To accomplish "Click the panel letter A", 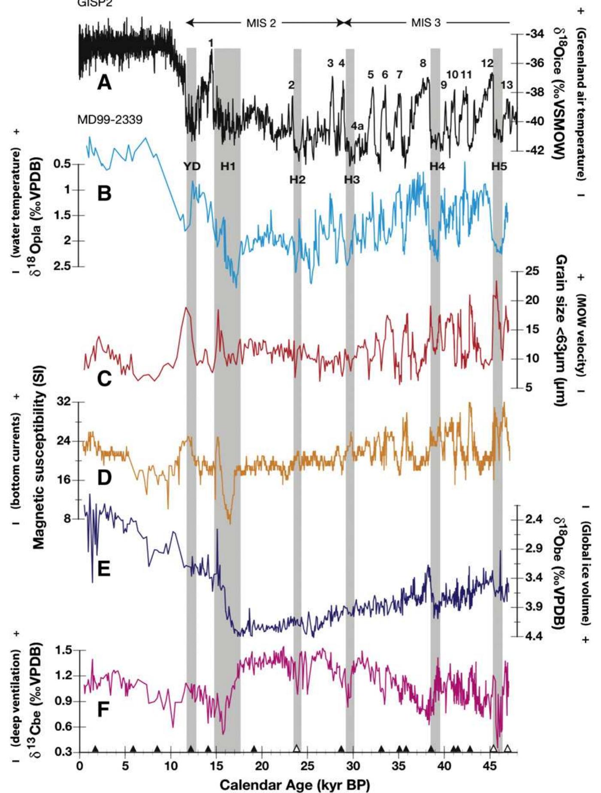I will [104, 81].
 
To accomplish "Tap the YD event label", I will [192, 166].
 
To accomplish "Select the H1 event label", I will [228, 166].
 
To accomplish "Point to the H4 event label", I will [437, 166].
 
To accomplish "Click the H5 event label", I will [499, 166].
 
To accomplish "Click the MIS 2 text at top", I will [261, 23].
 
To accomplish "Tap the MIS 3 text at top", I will [426, 23].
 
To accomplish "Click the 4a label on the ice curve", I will [357, 126].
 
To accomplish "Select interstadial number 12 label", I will [487, 63].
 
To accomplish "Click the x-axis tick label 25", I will [307, 765].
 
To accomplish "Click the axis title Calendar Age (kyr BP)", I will [294, 785].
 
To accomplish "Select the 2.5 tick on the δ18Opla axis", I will [63, 266].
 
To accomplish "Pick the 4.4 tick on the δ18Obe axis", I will [534, 636].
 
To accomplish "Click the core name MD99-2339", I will [110, 120].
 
